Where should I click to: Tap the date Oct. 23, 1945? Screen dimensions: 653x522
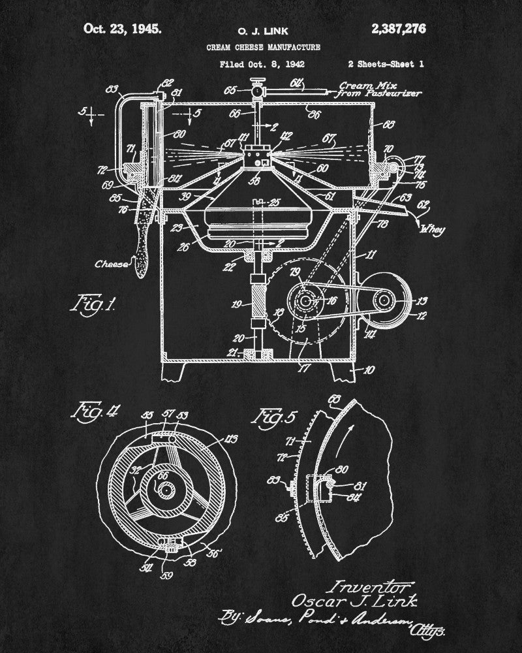click(x=122, y=29)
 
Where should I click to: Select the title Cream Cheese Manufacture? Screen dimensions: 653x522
click(x=263, y=47)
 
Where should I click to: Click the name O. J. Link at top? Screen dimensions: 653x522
click(x=263, y=29)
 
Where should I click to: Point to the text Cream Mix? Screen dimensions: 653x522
click(x=363, y=85)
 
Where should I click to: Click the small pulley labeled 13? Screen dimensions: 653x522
click(x=385, y=300)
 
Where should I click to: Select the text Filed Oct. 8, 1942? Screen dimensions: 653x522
click(x=263, y=65)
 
